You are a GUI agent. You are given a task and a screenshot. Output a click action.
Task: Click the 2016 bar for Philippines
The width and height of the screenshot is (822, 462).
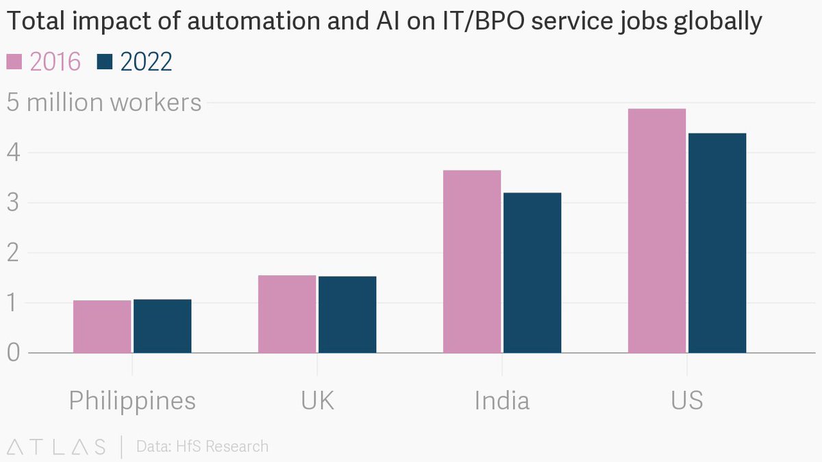102,326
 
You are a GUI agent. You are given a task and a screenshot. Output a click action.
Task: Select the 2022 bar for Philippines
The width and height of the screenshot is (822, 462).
162,326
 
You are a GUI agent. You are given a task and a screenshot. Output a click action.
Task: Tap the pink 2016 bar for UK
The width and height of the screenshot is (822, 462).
287,314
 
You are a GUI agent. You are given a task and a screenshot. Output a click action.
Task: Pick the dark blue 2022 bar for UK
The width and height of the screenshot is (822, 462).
347,314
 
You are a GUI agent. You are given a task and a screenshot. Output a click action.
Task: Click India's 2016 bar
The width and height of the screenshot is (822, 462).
472,261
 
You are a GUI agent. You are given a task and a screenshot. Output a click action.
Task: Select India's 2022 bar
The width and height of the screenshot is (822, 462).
532,272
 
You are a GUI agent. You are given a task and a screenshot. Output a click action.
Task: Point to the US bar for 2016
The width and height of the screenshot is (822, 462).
657,231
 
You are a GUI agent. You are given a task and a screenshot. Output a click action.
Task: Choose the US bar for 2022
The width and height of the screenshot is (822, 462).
717,243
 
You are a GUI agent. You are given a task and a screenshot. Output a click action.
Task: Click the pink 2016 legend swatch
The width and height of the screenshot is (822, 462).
14,62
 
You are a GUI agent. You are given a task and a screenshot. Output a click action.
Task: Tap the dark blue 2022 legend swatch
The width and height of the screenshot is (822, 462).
105,62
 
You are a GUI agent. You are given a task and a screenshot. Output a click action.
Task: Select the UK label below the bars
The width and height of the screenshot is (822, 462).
317,400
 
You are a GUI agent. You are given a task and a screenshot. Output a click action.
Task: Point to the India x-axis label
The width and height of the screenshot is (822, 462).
502,400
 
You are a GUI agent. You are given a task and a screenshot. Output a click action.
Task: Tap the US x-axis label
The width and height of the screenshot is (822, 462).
687,400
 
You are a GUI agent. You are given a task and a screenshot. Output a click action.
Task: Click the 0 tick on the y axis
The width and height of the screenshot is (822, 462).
13,352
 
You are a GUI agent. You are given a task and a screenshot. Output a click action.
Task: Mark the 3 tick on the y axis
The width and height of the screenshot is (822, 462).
13,203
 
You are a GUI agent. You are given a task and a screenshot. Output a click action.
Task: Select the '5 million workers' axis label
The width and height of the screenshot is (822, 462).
104,102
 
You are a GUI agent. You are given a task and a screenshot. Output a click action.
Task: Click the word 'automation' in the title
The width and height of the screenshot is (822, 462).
253,21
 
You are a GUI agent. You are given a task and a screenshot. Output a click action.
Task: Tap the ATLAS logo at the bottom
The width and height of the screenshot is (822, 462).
56,446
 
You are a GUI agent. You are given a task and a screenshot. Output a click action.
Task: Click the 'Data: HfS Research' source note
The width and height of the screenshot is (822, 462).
202,446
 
